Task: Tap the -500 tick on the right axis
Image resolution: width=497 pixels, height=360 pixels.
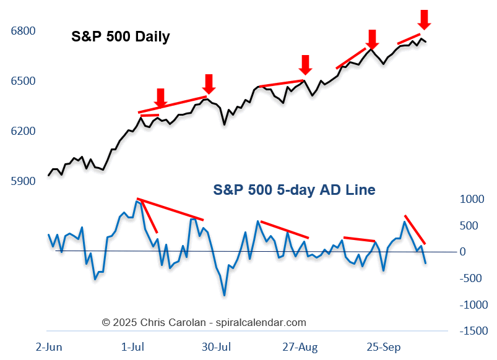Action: point(473,278)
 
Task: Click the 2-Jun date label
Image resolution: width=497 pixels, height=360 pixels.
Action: point(50,347)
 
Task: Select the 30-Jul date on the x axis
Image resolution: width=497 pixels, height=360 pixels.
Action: point(217,347)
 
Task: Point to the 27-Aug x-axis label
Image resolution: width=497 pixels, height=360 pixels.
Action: point(301,347)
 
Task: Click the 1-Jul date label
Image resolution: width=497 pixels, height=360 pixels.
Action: point(132,347)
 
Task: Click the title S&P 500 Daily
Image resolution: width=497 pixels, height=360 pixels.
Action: point(120,37)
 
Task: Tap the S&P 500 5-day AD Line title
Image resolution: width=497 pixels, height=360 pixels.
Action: point(294,190)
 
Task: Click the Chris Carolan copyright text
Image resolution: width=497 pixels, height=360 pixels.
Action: point(204,322)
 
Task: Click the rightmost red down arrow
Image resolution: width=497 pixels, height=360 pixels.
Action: point(424,19)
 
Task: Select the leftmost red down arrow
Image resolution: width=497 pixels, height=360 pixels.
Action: point(160,98)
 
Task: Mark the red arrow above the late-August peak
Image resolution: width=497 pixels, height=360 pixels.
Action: point(305,64)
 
